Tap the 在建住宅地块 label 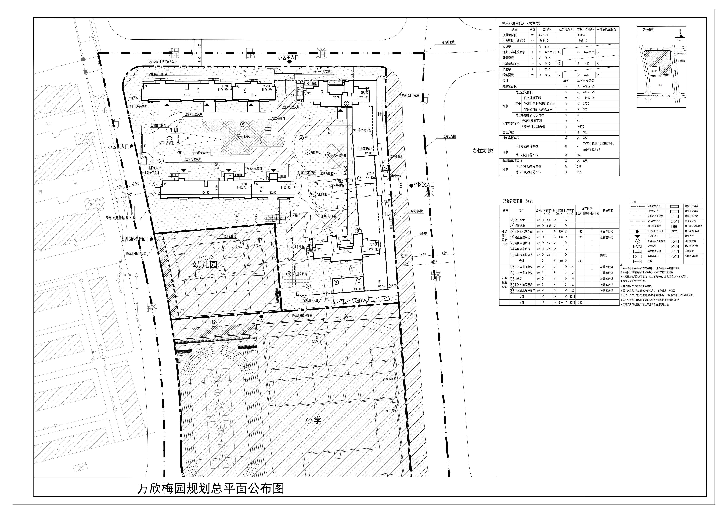click(x=483, y=151)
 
